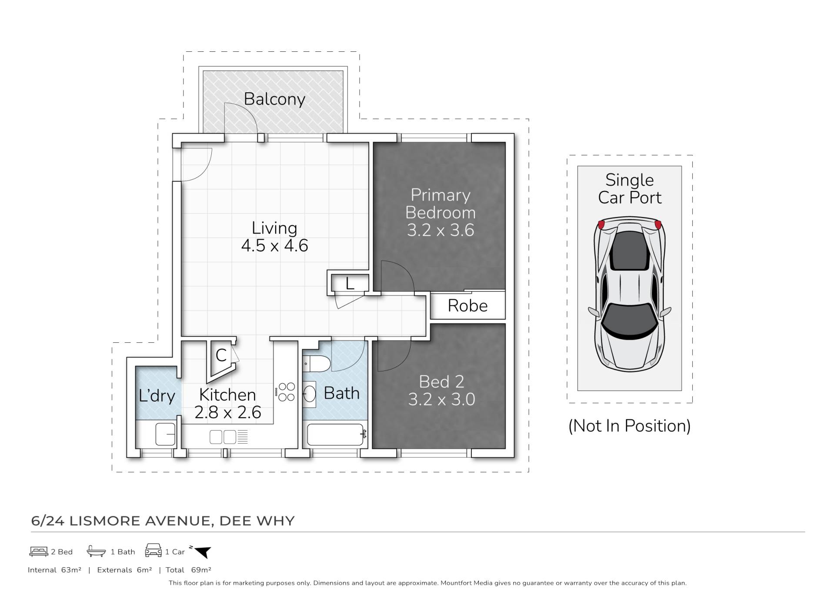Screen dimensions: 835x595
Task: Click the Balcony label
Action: click(x=274, y=99)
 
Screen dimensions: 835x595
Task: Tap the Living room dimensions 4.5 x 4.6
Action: click(x=274, y=246)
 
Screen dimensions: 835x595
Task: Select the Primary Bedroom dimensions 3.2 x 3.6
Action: click(x=440, y=230)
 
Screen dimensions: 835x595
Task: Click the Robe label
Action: click(x=468, y=306)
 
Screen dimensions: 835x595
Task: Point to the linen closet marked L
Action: click(x=350, y=284)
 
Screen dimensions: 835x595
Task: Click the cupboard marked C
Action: click(x=221, y=355)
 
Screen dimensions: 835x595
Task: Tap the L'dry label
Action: click(x=157, y=396)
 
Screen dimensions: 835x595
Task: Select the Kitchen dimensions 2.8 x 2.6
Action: click(x=227, y=412)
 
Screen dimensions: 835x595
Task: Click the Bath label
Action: click(x=342, y=393)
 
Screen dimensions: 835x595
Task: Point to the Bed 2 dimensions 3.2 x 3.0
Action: click(x=441, y=399)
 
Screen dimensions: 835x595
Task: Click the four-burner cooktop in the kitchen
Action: click(x=287, y=391)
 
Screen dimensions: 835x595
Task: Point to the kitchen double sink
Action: click(x=223, y=437)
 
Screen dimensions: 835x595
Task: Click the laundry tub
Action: click(x=166, y=434)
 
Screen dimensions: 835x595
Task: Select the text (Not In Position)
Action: click(x=629, y=426)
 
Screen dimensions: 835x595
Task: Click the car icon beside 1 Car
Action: click(x=153, y=550)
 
